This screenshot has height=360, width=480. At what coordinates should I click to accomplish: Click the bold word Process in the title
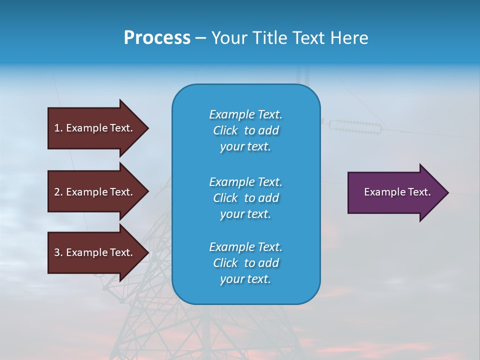click(x=157, y=38)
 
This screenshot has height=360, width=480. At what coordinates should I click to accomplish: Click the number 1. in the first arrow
click(x=58, y=128)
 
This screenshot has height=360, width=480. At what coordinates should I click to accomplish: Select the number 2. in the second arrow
click(x=58, y=192)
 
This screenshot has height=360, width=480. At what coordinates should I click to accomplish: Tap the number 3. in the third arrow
click(x=58, y=252)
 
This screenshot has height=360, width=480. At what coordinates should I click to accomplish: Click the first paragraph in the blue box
click(x=245, y=130)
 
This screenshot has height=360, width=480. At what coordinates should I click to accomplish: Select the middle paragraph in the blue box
click(x=245, y=198)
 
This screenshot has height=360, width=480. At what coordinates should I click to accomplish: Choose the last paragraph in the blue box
click(x=245, y=263)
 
